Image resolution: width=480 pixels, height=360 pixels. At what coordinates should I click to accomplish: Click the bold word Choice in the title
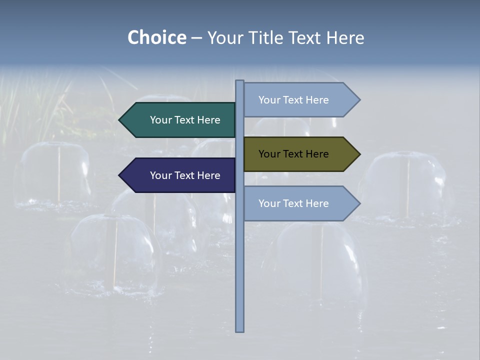[x=156, y=37]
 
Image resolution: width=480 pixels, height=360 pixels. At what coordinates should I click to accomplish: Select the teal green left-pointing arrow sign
[x=177, y=120]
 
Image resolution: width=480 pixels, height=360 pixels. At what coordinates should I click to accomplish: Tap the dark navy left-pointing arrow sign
[x=177, y=175]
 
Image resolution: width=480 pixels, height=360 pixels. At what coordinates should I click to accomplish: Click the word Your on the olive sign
[x=269, y=154]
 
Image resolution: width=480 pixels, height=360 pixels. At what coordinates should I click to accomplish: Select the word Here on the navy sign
[x=208, y=175]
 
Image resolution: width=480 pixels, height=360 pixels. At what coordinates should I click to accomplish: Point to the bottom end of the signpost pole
[x=240, y=330]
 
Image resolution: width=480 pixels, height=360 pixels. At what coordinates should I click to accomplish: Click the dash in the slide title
[x=196, y=38]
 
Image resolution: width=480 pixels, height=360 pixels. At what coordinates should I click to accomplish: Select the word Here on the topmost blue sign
[x=317, y=100]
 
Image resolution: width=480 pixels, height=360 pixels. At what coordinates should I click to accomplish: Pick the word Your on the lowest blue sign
[x=269, y=203]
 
